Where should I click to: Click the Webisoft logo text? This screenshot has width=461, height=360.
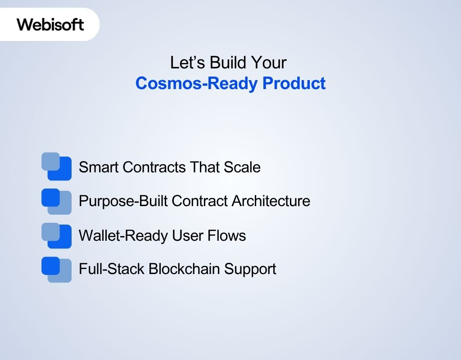point(50,24)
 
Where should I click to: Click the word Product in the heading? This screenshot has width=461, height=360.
point(294,83)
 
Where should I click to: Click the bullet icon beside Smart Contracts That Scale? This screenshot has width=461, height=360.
point(57,166)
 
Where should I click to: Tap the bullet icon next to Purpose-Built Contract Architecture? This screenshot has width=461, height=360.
point(57,201)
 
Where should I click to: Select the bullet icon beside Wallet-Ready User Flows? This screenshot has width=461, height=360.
point(57,235)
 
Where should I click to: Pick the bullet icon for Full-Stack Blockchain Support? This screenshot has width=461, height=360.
point(57,269)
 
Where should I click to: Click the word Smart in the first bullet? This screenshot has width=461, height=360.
point(99,167)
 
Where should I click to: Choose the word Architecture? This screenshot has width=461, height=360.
point(271,201)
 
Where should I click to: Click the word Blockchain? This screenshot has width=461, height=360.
point(185,269)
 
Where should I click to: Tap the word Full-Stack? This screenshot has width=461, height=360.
point(112,269)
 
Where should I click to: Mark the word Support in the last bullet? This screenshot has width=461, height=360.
point(250,270)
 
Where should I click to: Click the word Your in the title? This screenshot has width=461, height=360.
point(269,63)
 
